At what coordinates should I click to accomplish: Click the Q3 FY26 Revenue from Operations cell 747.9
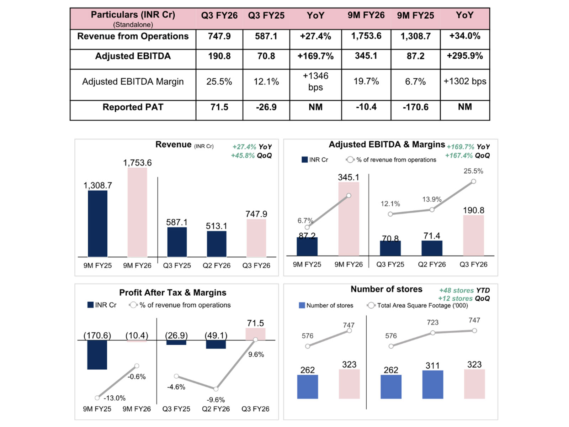[219, 36]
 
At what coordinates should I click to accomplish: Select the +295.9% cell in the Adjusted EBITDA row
[464, 56]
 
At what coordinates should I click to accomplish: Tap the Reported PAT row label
[133, 107]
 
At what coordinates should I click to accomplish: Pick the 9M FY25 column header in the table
[415, 16]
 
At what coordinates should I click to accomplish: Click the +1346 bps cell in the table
[315, 81]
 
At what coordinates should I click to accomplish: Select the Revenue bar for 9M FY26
[137, 212]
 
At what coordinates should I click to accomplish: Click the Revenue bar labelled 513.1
[216, 244]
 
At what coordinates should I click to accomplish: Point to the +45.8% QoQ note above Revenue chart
[251, 155]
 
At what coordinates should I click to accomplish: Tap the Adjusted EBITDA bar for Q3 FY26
[473, 235]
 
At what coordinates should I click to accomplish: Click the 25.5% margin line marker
[473, 181]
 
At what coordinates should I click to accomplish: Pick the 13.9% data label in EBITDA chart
[431, 199]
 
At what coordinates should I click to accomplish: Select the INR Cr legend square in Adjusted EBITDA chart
[304, 160]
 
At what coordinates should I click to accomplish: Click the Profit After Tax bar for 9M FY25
[97, 355]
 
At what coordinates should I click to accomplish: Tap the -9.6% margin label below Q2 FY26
[216, 400]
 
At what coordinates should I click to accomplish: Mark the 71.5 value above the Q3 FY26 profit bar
[255, 323]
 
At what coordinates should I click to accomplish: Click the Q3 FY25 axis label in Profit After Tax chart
[176, 409]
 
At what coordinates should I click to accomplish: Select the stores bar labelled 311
[432, 384]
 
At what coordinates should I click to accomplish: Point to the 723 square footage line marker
[432, 333]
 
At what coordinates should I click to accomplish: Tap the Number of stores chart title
[386, 289]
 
